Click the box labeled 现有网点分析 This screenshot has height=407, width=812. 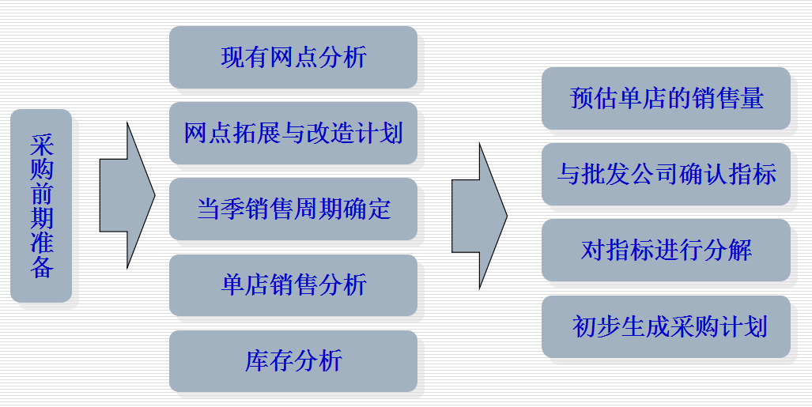pos(293,57)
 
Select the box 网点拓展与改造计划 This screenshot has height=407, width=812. pos(293,133)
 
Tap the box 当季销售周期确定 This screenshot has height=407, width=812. pos(293,209)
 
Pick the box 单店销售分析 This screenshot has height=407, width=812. pos(293,285)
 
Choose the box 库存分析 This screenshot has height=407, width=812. pos(293,361)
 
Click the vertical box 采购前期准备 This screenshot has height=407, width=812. pos(41,205)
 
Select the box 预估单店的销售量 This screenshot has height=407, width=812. pos(666,98)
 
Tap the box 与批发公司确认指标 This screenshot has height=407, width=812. pos(666,174)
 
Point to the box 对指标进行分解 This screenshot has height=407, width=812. pos(666,250)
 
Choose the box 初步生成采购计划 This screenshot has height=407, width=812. pos(666,326)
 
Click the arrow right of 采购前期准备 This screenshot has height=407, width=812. pos(127,195)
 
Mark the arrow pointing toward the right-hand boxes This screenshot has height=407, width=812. pos(480,216)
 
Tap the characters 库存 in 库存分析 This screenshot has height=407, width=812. pos(269,361)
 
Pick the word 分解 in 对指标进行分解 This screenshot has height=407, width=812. pos(728,251)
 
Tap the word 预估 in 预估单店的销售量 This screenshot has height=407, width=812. pos(594,98)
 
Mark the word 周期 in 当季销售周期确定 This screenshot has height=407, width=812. pos(318,209)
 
